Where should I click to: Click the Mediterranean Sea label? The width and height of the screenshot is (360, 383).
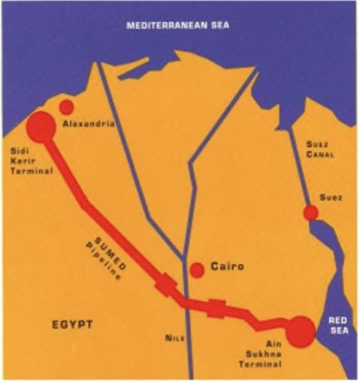(x=179, y=25)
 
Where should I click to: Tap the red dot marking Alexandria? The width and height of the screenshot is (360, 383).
(x=67, y=107)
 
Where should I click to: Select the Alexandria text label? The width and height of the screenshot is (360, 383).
(x=89, y=123)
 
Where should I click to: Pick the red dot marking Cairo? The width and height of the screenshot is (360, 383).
(x=197, y=269)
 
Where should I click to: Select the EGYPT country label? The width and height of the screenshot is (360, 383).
(x=72, y=324)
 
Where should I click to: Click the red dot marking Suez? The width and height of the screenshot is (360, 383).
(x=310, y=213)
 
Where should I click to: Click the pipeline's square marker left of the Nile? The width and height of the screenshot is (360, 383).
(x=165, y=285)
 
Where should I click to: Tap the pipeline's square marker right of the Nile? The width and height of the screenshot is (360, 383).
(x=216, y=308)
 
